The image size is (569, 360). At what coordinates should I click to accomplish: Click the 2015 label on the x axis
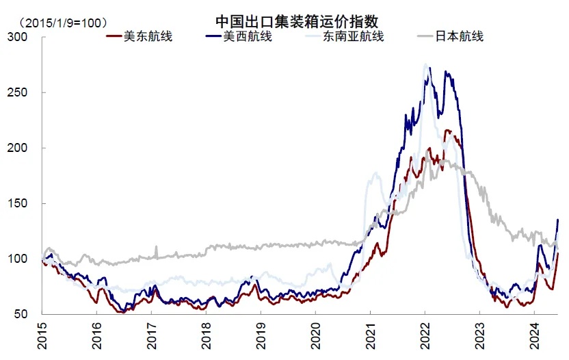click(42, 336)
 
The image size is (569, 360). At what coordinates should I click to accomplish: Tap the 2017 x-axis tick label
click(152, 336)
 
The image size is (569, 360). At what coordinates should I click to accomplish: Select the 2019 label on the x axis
click(261, 336)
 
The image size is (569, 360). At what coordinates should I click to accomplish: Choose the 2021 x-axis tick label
click(370, 336)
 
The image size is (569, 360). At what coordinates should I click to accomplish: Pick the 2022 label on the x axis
click(425, 336)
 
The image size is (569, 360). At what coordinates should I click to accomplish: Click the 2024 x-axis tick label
click(534, 336)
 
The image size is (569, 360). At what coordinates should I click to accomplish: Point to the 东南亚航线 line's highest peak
click(425, 65)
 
